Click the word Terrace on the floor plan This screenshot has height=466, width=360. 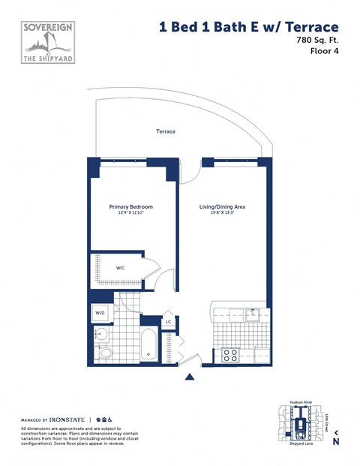pyautogui.click(x=166, y=131)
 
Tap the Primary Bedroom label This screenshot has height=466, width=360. pyautogui.click(x=131, y=206)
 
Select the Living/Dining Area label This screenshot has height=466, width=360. pyautogui.click(x=222, y=206)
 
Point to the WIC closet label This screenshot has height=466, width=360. pyautogui.click(x=120, y=267)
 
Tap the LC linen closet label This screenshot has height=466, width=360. pyautogui.click(x=168, y=321)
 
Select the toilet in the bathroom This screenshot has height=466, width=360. pyautogui.click(x=106, y=352)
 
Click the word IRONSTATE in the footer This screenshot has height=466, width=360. pyautogui.click(x=68, y=418)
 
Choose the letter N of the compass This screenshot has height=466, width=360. pyautogui.click(x=336, y=441)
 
